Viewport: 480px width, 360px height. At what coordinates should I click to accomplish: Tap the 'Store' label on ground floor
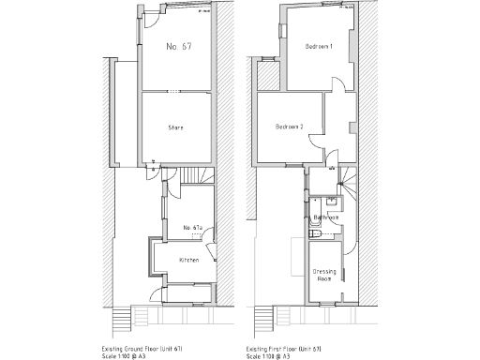click(x=175, y=127)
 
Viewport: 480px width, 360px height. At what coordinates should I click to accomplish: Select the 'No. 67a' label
click(x=193, y=227)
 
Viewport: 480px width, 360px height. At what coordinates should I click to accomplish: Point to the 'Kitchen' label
click(x=188, y=260)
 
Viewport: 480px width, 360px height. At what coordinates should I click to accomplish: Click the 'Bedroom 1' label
click(x=320, y=46)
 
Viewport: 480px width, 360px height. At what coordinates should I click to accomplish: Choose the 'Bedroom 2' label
click(x=290, y=127)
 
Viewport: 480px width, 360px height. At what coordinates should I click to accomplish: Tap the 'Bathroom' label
click(x=325, y=217)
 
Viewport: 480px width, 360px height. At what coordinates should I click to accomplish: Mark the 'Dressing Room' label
click(x=324, y=275)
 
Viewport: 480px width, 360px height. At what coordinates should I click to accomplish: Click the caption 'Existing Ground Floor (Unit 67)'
click(x=155, y=346)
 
